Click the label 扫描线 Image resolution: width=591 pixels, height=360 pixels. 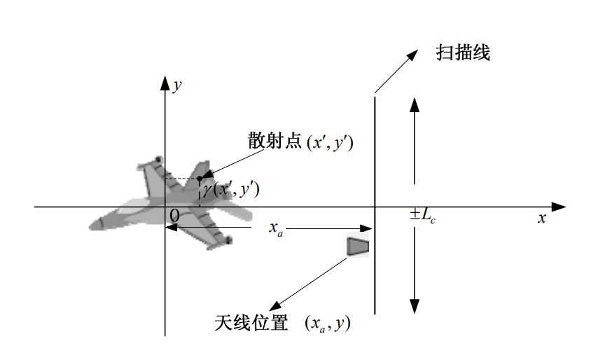pos(462,53)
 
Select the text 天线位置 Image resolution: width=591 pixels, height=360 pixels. pos(251,323)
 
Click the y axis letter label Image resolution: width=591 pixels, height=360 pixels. pos(179,85)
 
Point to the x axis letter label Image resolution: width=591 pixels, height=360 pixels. pos(541,218)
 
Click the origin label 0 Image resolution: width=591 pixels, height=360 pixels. pos(174,214)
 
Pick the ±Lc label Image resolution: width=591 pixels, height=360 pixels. pos(423,216)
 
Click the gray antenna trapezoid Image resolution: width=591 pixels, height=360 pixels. pos(358,247)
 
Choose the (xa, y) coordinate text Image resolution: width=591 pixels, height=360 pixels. pos(328,324)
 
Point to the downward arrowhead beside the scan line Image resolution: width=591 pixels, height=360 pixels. pos(415,307)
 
